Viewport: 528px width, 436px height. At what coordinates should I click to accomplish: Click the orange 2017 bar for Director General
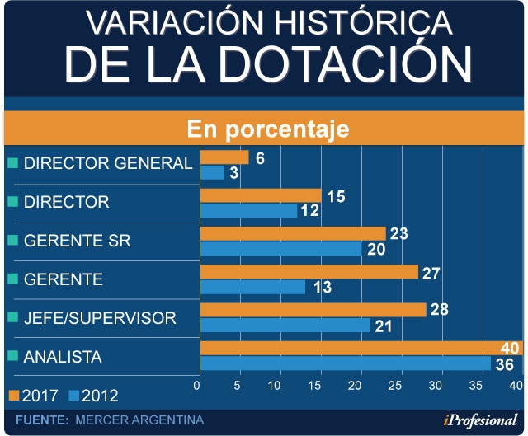point(224,157)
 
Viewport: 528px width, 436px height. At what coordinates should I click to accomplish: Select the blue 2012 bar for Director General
point(212,172)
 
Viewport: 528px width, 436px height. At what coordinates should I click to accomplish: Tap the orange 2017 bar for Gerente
point(309,272)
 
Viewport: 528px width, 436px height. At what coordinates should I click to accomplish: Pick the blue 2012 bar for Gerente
point(252,287)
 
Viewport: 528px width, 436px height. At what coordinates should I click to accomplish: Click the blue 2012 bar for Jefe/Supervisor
point(285,326)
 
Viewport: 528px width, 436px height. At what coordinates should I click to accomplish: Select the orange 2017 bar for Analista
point(346,348)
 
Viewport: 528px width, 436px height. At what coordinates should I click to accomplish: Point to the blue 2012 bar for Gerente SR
point(280,249)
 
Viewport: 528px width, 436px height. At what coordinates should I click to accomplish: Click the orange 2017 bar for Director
point(261,195)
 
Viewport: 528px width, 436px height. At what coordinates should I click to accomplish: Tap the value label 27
point(431,273)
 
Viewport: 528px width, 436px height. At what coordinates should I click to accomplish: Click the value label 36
point(503,364)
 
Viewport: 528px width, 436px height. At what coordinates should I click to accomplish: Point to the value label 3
point(234,173)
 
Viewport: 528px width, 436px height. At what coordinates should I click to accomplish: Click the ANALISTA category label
point(63,357)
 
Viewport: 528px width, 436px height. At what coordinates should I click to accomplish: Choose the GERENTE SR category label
point(77,241)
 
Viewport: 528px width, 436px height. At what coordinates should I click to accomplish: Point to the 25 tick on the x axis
point(398,387)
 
